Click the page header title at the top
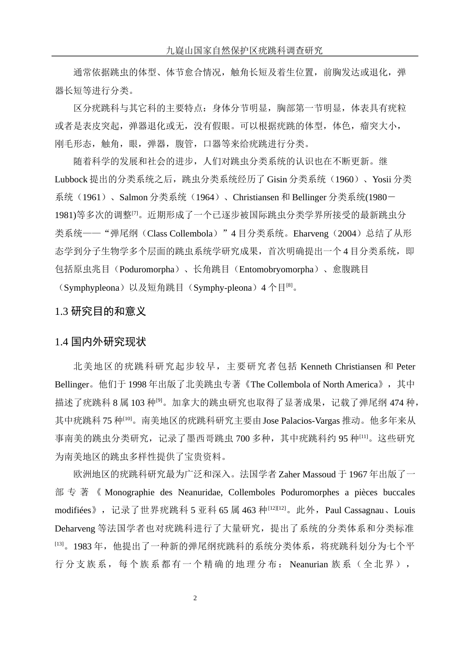coord(244,50)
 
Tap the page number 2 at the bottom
coord(195,598)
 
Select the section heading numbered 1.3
coord(100,311)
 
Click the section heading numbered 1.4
coord(100,342)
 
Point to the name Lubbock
coord(71,179)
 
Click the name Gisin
coord(277,179)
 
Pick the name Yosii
coord(381,179)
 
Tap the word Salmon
coord(133,197)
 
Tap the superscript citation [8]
coord(289,285)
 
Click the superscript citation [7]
coord(135,213)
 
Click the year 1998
coord(136,384)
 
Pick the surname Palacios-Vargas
coord(310,421)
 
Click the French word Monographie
coord(131,492)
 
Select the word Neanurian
coord(309,564)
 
